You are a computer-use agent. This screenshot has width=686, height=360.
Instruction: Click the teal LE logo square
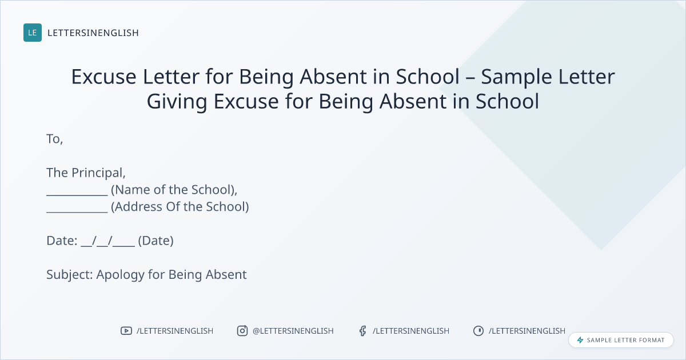pyautogui.click(x=33, y=33)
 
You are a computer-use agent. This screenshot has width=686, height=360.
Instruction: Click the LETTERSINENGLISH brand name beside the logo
pyautogui.click(x=93, y=33)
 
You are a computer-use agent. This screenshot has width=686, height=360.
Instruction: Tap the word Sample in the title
pyautogui.click(x=516, y=77)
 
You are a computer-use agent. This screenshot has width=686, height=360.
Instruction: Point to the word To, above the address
pyautogui.click(x=55, y=139)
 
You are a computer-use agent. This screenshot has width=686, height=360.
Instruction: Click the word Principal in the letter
pyautogui.click(x=98, y=173)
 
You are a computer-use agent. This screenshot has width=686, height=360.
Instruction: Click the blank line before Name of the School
pyautogui.click(x=77, y=195)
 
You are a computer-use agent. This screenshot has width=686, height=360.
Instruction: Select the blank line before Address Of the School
pyautogui.click(x=77, y=211)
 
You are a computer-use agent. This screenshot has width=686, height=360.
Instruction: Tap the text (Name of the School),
pyautogui.click(x=174, y=190)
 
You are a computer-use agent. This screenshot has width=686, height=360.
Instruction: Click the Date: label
pyautogui.click(x=62, y=241)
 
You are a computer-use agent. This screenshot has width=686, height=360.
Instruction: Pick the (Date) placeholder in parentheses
pyautogui.click(x=155, y=241)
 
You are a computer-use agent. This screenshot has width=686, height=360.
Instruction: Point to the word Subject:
pyautogui.click(x=70, y=275)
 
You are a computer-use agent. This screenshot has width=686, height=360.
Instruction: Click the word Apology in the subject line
pyautogui.click(x=121, y=275)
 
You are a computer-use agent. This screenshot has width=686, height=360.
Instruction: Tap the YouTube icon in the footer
pyautogui.click(x=126, y=331)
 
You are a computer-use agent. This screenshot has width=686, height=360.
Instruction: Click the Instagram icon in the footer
pyautogui.click(x=242, y=331)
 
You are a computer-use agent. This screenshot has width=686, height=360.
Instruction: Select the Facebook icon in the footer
pyautogui.click(x=362, y=331)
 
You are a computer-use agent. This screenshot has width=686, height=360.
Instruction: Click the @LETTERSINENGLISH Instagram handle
pyautogui.click(x=293, y=331)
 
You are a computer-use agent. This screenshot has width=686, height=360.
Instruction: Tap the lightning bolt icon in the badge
pyautogui.click(x=580, y=340)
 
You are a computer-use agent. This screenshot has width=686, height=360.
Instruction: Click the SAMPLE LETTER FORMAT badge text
pyautogui.click(x=625, y=340)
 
